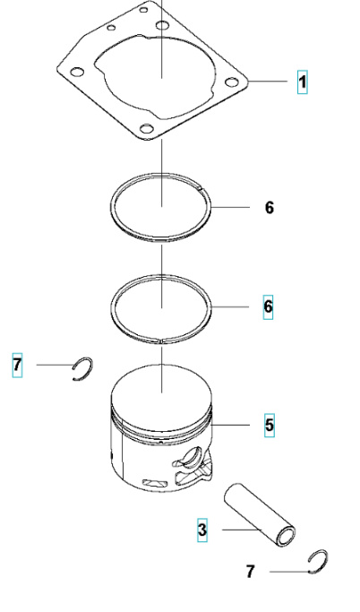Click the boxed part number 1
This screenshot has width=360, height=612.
[303, 82]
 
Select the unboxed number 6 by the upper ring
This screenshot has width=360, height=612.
[270, 208]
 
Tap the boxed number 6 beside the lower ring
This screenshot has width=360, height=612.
[268, 306]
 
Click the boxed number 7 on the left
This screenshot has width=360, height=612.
[17, 365]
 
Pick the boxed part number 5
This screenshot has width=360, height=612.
[270, 424]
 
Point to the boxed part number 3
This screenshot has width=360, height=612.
[202, 530]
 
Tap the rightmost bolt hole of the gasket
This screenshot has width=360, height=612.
[233, 82]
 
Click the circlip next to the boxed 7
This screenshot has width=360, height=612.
[84, 367]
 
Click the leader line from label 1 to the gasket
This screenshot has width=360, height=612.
[272, 82]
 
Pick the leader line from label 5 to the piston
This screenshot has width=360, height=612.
[237, 424]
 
